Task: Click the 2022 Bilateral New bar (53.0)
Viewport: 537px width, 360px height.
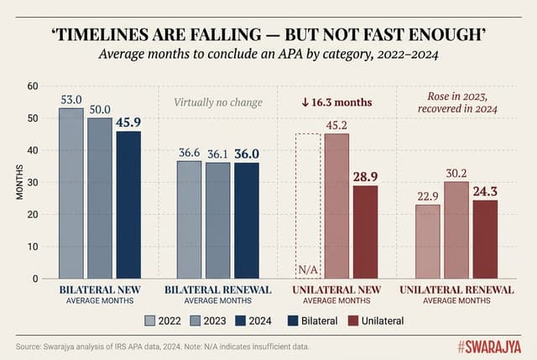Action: [x=71, y=193]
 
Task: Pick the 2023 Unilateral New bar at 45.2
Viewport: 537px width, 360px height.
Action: [x=336, y=206]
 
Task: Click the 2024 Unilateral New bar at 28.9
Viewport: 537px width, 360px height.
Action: [x=365, y=232]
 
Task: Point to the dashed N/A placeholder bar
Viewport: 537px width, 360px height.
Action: [x=308, y=206]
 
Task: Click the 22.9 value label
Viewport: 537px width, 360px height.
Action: [x=428, y=196]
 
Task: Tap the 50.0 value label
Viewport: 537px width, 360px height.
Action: [x=100, y=110]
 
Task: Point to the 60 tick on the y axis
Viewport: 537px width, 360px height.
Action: [x=33, y=86]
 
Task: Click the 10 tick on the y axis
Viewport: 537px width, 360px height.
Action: [x=33, y=247]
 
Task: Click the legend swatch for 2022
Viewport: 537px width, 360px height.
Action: [x=150, y=320]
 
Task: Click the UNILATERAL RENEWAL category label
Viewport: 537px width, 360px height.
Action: [x=456, y=290]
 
